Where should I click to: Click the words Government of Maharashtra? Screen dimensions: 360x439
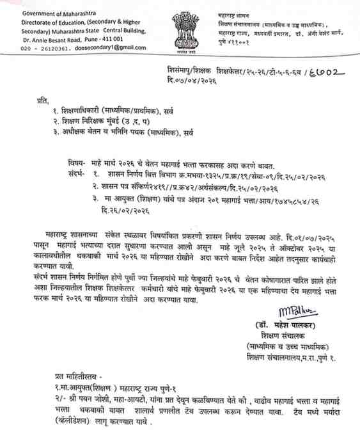(52, 13)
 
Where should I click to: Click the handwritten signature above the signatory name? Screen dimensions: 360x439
(296, 311)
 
